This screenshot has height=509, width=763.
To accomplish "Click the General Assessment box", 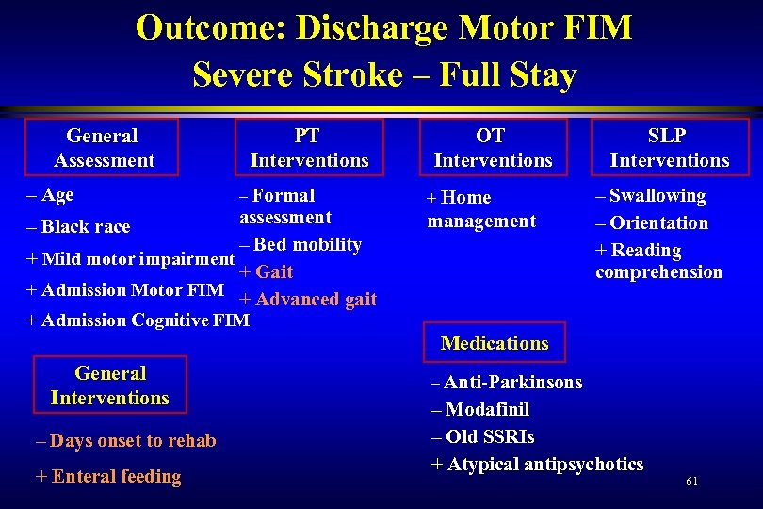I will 104,148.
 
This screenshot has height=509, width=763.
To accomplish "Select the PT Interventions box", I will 309,148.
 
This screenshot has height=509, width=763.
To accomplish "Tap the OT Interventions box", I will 493,148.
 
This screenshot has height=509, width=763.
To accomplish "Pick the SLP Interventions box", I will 670,148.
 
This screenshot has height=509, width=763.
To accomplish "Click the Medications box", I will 495,343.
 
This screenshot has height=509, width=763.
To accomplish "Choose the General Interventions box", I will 110,386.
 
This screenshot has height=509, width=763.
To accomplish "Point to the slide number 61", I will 692,482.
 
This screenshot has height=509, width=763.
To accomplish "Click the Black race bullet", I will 79,226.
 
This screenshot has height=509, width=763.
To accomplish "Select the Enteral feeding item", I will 108,477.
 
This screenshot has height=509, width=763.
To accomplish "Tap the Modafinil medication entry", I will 480,410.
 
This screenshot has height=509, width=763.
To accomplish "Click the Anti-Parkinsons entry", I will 507,383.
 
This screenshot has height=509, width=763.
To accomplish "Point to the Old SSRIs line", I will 482,437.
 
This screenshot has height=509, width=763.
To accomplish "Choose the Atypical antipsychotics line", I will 538,465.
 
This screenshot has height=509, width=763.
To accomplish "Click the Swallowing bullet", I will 651,196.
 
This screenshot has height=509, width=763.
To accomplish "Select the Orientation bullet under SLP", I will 652,223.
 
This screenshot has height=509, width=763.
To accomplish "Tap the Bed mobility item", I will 300,245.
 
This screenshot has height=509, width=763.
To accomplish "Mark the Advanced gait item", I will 309,300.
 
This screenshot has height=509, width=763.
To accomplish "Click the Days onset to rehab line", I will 125,441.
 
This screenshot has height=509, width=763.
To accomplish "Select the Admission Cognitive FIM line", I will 138,320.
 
